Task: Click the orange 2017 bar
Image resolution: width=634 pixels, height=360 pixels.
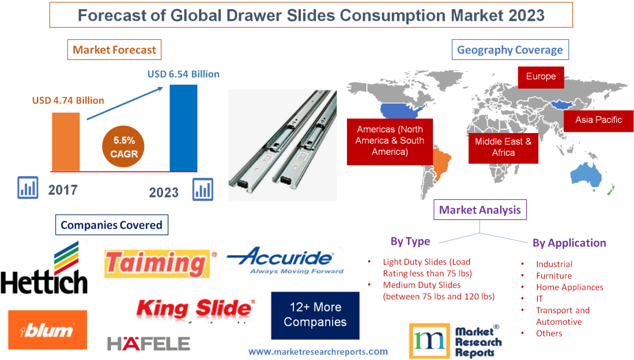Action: coord(66,141)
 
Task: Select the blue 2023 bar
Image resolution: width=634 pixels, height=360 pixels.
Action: coord(183,127)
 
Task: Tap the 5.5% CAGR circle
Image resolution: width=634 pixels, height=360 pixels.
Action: coord(124,147)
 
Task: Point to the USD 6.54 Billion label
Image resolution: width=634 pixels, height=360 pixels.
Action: coord(183,74)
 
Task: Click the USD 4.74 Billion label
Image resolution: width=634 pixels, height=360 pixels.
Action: coord(68,100)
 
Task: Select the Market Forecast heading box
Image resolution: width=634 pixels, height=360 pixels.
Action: coord(114,50)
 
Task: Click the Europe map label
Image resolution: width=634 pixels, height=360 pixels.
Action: coord(541,77)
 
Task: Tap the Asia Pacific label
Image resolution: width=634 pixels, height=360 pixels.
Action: coord(598,120)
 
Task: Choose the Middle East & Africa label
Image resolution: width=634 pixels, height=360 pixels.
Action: coord(503,147)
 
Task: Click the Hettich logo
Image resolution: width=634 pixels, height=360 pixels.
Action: coord(44,269)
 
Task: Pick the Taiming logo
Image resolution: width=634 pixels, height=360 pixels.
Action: coord(157,263)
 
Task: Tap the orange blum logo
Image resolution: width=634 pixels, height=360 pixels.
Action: coord(48,330)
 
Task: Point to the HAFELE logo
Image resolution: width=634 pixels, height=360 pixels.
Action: coord(148,344)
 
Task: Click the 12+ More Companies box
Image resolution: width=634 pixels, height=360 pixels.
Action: coord(315,314)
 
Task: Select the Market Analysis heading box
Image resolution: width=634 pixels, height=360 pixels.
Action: coord(480,210)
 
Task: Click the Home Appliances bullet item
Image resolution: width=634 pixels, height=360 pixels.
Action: coord(569,287)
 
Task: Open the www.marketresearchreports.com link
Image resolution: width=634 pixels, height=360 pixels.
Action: coord(318,351)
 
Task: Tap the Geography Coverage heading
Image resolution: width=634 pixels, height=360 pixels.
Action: coord(510,50)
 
